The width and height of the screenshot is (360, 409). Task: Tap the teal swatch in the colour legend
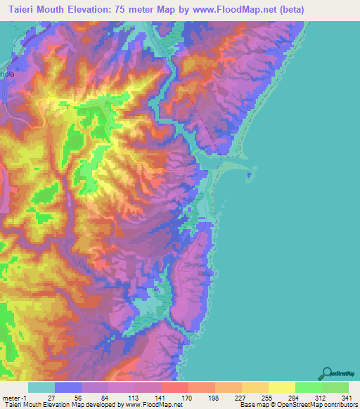[x=41, y=387]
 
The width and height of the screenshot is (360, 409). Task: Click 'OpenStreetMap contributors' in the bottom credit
[x=316, y=405]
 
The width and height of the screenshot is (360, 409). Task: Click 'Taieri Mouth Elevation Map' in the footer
[x=42, y=405]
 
